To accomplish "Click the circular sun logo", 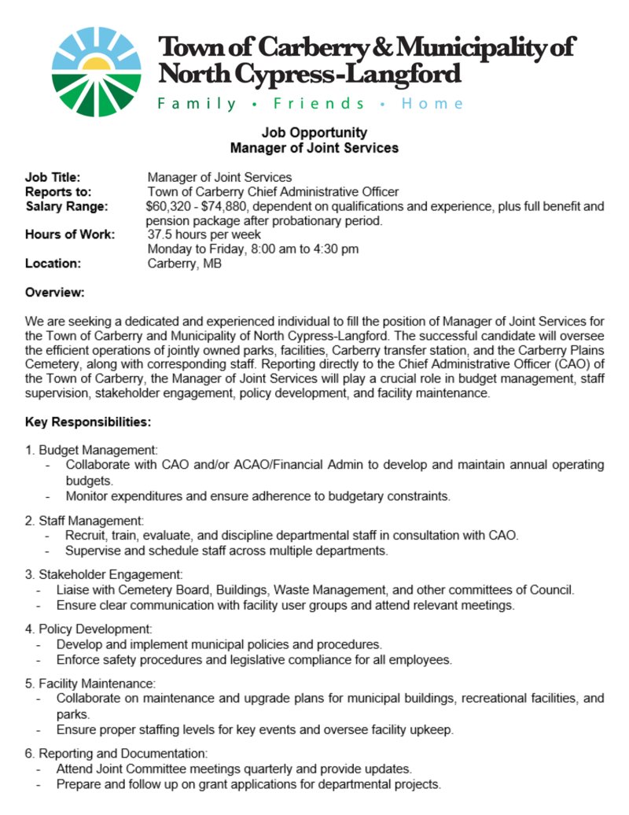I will coord(97,72).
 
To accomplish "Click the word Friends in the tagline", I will coord(318,104).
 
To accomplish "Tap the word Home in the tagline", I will coord(432,104).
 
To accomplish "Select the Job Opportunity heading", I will coord(314,132).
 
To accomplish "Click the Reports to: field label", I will coord(58,191).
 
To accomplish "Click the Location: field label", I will coord(53,264).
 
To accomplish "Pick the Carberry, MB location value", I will coord(185,264).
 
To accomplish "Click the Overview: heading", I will coord(54,293).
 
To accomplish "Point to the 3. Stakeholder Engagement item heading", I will coord(104,575).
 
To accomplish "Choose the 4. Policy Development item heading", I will coord(88,629).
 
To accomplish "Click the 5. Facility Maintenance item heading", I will coord(90,684).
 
